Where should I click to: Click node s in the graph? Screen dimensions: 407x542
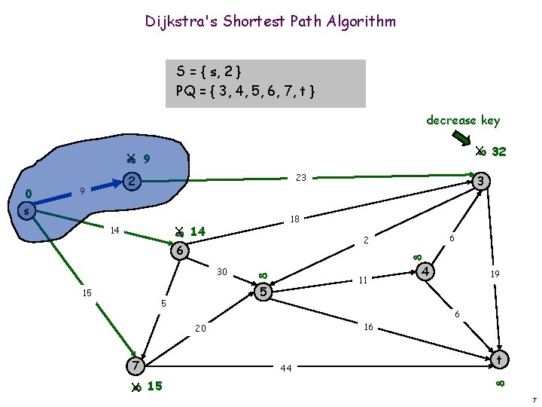pyautogui.click(x=26, y=212)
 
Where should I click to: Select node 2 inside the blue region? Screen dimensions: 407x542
pyautogui.click(x=131, y=181)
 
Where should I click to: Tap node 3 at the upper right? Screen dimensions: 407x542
pyautogui.click(x=483, y=182)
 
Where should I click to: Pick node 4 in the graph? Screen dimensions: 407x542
pyautogui.click(x=426, y=270)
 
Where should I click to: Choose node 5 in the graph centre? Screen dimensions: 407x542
pyautogui.click(x=263, y=291)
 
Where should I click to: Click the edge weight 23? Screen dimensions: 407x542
pyautogui.click(x=300, y=178)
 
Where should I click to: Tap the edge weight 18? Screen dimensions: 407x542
pyautogui.click(x=295, y=219)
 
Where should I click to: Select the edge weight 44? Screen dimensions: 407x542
pyautogui.click(x=285, y=369)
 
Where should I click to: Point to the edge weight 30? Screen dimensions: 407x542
pyautogui.click(x=222, y=271)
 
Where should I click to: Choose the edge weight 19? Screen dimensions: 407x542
pyautogui.click(x=495, y=274)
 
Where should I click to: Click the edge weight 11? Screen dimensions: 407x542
pyautogui.click(x=362, y=280)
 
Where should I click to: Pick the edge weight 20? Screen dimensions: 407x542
pyautogui.click(x=200, y=329)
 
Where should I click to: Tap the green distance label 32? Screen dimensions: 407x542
pyautogui.click(x=498, y=151)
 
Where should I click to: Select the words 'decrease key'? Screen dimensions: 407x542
pyautogui.click(x=462, y=120)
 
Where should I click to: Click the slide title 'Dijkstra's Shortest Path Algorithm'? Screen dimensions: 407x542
pyautogui.click(x=270, y=21)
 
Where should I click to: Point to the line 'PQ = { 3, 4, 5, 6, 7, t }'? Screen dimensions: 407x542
pyautogui.click(x=245, y=91)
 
